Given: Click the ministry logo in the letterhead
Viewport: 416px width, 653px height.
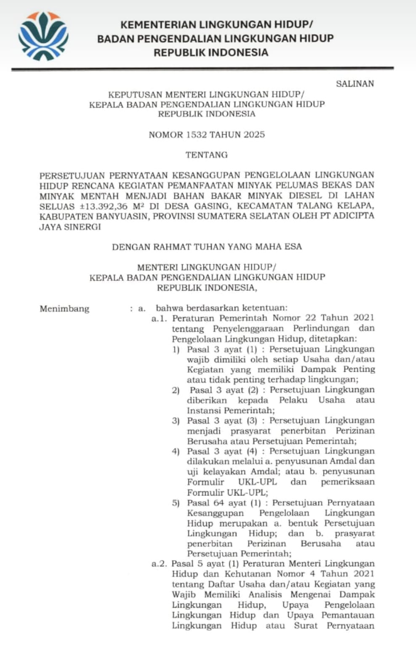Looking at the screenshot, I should [x=43, y=36].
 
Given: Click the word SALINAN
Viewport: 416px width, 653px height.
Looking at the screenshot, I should [x=355, y=83].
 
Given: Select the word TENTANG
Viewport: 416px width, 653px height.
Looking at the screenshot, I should [x=207, y=155].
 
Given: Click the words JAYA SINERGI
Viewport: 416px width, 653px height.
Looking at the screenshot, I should [x=70, y=227].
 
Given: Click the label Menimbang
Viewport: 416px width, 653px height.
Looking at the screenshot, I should [x=64, y=309].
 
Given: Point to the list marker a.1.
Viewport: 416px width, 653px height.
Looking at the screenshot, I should [x=159, y=319].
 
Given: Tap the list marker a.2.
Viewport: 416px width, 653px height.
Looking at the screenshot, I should [x=159, y=564].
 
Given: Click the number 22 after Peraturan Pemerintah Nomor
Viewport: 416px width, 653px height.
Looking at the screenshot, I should [x=309, y=318].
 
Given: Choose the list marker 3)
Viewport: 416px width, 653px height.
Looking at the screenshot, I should [x=176, y=421].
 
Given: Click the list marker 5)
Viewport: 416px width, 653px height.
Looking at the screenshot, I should [x=176, y=503].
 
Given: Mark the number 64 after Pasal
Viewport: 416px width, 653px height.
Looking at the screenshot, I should [x=219, y=503].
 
